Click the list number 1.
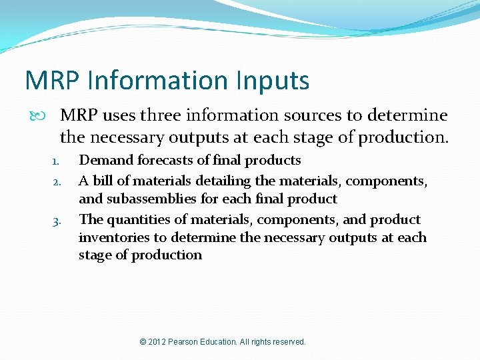[x=57, y=161]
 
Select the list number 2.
[x=57, y=182]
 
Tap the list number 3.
[x=57, y=221]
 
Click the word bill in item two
[x=103, y=181]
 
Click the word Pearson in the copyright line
[x=189, y=342]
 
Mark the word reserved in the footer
[x=289, y=342]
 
